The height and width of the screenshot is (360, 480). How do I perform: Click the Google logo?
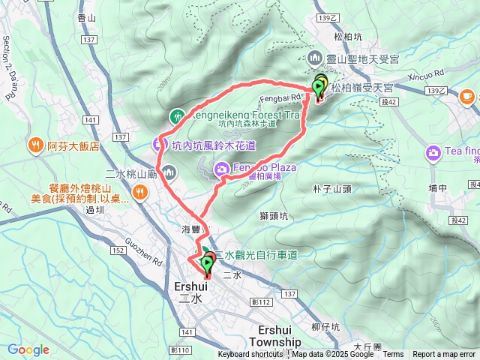[x=28, y=349]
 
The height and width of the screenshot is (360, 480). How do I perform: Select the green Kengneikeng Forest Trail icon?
[x=177, y=116]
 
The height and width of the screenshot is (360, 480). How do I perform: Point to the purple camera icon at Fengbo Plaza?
[x=223, y=169]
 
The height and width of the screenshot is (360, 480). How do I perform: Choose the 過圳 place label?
[x=94, y=211]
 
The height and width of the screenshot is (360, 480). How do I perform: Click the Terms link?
[x=393, y=355]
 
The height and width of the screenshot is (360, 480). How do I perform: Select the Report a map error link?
[x=445, y=355]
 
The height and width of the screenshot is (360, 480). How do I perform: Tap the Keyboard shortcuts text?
[x=250, y=355]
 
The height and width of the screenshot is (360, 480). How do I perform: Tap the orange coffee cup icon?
[x=466, y=95]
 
